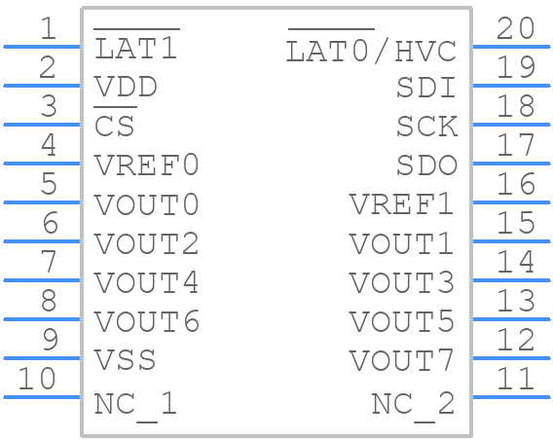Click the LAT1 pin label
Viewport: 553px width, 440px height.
pos(136,49)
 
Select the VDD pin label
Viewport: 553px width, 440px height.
pos(126,87)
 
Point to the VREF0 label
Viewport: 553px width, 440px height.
pos(147,165)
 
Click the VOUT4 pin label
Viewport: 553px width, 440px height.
pos(147,282)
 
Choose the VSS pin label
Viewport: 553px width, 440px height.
pos(126,359)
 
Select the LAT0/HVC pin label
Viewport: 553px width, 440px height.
pos(371,50)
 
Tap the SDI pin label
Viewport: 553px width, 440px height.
pos(426,87)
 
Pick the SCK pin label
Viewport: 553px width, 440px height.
pos(427,126)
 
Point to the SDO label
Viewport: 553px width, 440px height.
pos(427,165)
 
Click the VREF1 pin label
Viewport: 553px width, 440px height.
pos(401,203)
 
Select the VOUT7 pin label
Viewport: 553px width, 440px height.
pos(401,360)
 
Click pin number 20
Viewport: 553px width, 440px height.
pos(516,28)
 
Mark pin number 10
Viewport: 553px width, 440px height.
pos(37,379)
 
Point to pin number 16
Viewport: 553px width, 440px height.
pos(516,184)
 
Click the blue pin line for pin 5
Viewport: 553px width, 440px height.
pos(42,202)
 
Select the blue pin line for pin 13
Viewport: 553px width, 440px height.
pos(511,319)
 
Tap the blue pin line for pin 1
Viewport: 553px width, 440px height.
pos(42,47)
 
